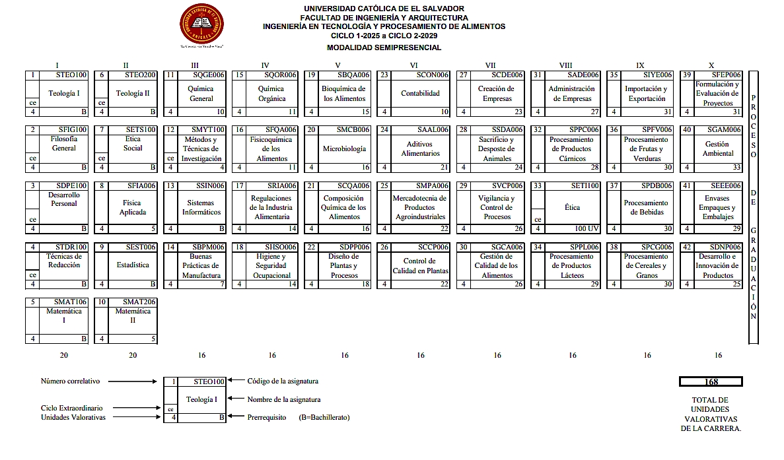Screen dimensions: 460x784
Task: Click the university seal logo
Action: click(201, 24)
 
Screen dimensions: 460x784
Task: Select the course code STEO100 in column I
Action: click(71, 75)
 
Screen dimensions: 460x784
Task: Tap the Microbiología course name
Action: click(344, 149)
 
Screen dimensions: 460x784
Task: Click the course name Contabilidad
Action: click(420, 94)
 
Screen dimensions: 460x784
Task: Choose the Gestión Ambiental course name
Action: click(718, 149)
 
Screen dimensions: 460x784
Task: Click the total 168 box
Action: click(711, 382)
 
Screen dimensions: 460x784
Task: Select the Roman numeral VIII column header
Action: click(565, 65)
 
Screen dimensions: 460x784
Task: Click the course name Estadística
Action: click(133, 265)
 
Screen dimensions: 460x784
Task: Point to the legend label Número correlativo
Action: click(70, 381)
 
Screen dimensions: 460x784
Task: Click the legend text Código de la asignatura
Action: click(283, 381)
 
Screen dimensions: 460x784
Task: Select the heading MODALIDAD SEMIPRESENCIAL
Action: click(384, 48)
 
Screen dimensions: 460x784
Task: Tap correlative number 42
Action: click(687, 247)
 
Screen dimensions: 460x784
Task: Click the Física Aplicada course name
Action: click(133, 208)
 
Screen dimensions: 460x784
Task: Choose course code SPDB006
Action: click(656, 186)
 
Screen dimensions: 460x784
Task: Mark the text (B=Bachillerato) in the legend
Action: click(324, 417)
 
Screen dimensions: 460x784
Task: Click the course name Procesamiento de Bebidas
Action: click(646, 208)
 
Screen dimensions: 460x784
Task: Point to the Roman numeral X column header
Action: click(711, 65)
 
